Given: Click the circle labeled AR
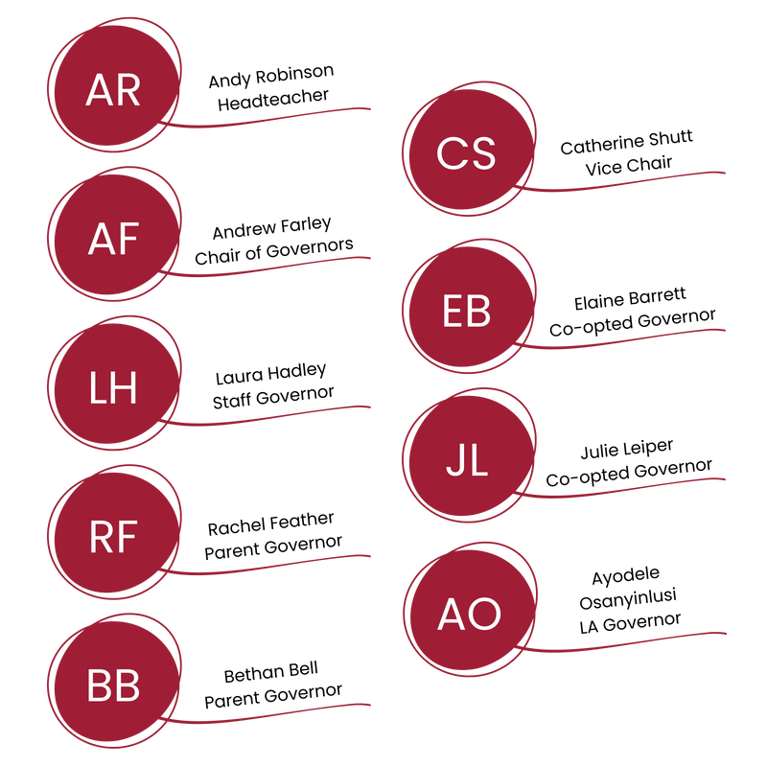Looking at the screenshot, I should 113,90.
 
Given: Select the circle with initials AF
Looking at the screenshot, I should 113,240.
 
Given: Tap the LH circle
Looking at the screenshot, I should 113,389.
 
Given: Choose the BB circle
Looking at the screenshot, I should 113,686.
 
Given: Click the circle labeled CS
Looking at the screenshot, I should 466,153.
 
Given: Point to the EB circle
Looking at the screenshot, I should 466,312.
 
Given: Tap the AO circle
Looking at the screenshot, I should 466,614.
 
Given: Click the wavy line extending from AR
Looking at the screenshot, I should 278,118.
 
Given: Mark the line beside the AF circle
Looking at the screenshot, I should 278,267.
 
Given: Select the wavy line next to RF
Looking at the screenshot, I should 278,566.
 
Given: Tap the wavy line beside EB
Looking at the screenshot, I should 633,339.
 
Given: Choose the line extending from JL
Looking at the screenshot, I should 633,489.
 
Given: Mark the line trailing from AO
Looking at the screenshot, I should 633,642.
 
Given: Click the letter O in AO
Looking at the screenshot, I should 484,615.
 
